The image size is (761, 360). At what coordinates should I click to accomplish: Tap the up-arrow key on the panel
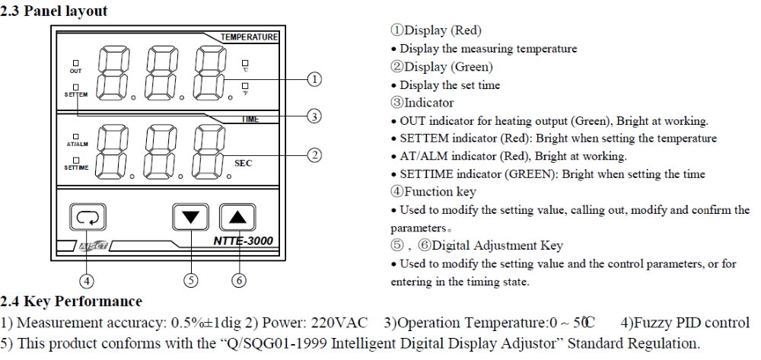[x=237, y=217]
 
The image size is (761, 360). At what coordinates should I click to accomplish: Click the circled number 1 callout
[x=314, y=78]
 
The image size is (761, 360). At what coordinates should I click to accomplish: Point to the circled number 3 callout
[x=314, y=116]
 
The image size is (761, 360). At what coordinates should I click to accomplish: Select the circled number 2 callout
[x=314, y=155]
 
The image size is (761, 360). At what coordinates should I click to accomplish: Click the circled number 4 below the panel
[x=88, y=279]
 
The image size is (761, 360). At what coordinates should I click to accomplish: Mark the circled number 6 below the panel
[x=239, y=279]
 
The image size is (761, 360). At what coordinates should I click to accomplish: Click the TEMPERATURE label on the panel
[x=249, y=37]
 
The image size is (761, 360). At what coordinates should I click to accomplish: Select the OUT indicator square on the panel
[x=76, y=62]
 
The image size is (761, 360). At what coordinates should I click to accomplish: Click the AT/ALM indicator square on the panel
[x=76, y=135]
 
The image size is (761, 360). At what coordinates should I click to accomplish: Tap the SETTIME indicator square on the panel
[x=76, y=159]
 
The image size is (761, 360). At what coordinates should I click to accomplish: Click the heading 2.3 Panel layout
[x=54, y=11]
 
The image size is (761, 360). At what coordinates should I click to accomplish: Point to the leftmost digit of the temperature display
[x=113, y=72]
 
